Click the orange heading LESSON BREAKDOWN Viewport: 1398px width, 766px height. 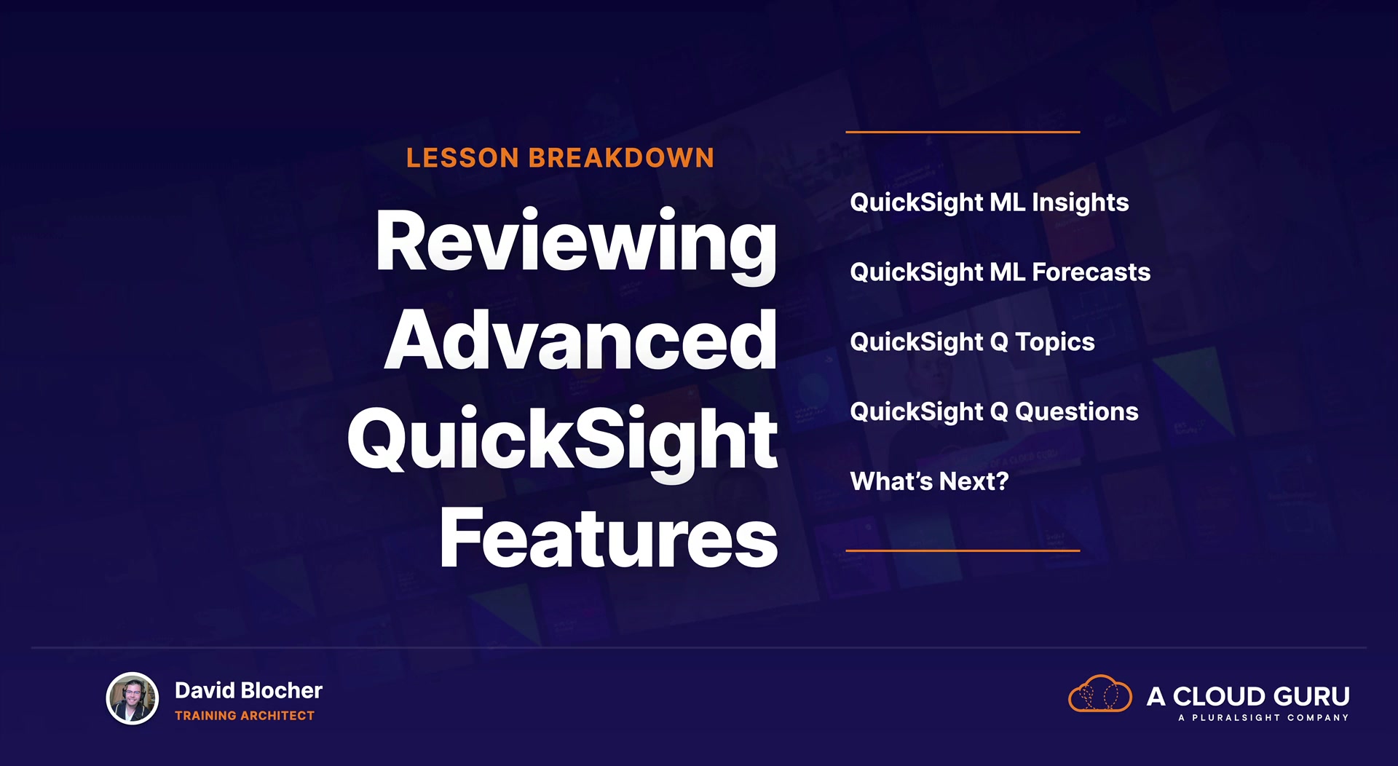click(560, 158)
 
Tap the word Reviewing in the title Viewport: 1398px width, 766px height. click(576, 244)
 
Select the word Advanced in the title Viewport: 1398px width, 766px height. click(581, 339)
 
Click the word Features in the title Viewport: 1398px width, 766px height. click(609, 537)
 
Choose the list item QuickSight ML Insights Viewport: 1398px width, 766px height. click(990, 203)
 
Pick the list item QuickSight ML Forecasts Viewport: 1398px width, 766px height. click(1000, 272)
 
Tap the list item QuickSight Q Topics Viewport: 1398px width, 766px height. click(973, 342)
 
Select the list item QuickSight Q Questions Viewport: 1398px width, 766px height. click(995, 412)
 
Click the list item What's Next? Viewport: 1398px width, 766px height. click(930, 481)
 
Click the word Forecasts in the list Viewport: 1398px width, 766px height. click(1091, 272)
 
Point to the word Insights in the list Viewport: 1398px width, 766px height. click(1081, 203)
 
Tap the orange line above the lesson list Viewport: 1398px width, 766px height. click(963, 132)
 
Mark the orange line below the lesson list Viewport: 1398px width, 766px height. click(963, 550)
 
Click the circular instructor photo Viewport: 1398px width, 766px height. click(133, 698)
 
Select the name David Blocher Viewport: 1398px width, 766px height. click(248, 690)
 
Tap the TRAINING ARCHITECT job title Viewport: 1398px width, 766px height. click(245, 716)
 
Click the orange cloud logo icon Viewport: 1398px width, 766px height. click(1100, 693)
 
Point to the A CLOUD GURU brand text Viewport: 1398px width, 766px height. click(1248, 696)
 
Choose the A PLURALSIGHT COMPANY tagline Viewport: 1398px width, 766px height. click(1263, 718)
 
